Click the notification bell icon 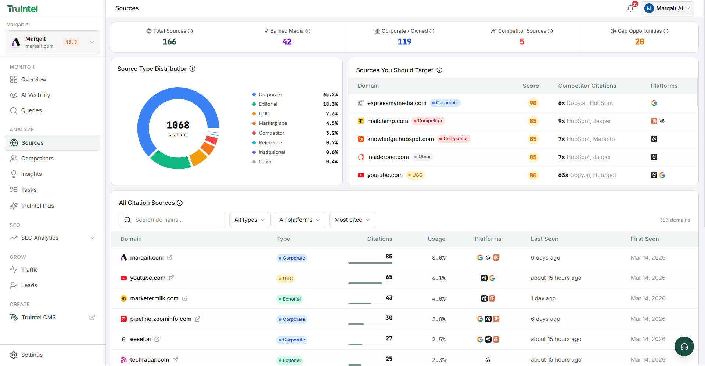point(630,8)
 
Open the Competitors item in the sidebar point(37,159)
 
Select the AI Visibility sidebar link point(35,95)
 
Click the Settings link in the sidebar point(32,355)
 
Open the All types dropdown point(250,220)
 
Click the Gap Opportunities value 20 point(639,42)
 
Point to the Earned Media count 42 point(287,42)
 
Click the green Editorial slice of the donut point(170,162)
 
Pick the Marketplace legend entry point(273,123)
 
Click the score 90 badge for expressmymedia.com point(533,103)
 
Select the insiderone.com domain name point(388,157)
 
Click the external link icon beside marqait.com point(170,258)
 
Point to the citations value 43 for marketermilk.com point(389,298)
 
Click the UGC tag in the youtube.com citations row point(286,279)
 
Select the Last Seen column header point(544,239)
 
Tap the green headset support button point(684,347)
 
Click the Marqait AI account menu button point(668,8)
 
